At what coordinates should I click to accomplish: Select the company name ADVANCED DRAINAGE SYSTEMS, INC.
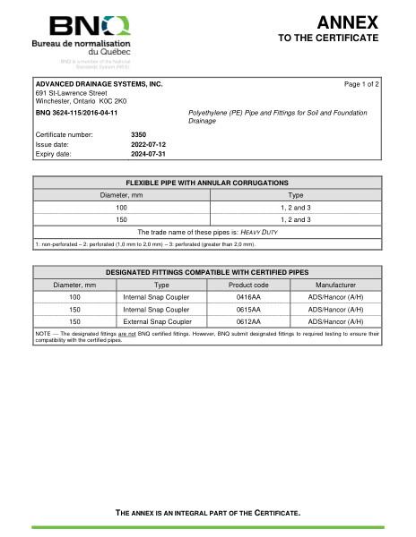[x=99, y=83]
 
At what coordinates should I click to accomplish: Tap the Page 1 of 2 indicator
[x=362, y=83]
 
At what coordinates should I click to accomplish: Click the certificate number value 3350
[x=138, y=134]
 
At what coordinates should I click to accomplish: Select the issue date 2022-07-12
[x=148, y=144]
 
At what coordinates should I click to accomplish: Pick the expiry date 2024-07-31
[x=148, y=154]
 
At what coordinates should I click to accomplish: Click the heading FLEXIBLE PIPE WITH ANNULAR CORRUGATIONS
[x=207, y=183]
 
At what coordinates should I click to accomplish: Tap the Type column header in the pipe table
[x=295, y=194]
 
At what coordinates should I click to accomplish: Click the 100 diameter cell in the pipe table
[x=122, y=207]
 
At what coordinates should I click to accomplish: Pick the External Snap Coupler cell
[x=162, y=320]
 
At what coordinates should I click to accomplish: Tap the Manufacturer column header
[x=336, y=284]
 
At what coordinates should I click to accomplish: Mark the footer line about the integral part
[x=207, y=513]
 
